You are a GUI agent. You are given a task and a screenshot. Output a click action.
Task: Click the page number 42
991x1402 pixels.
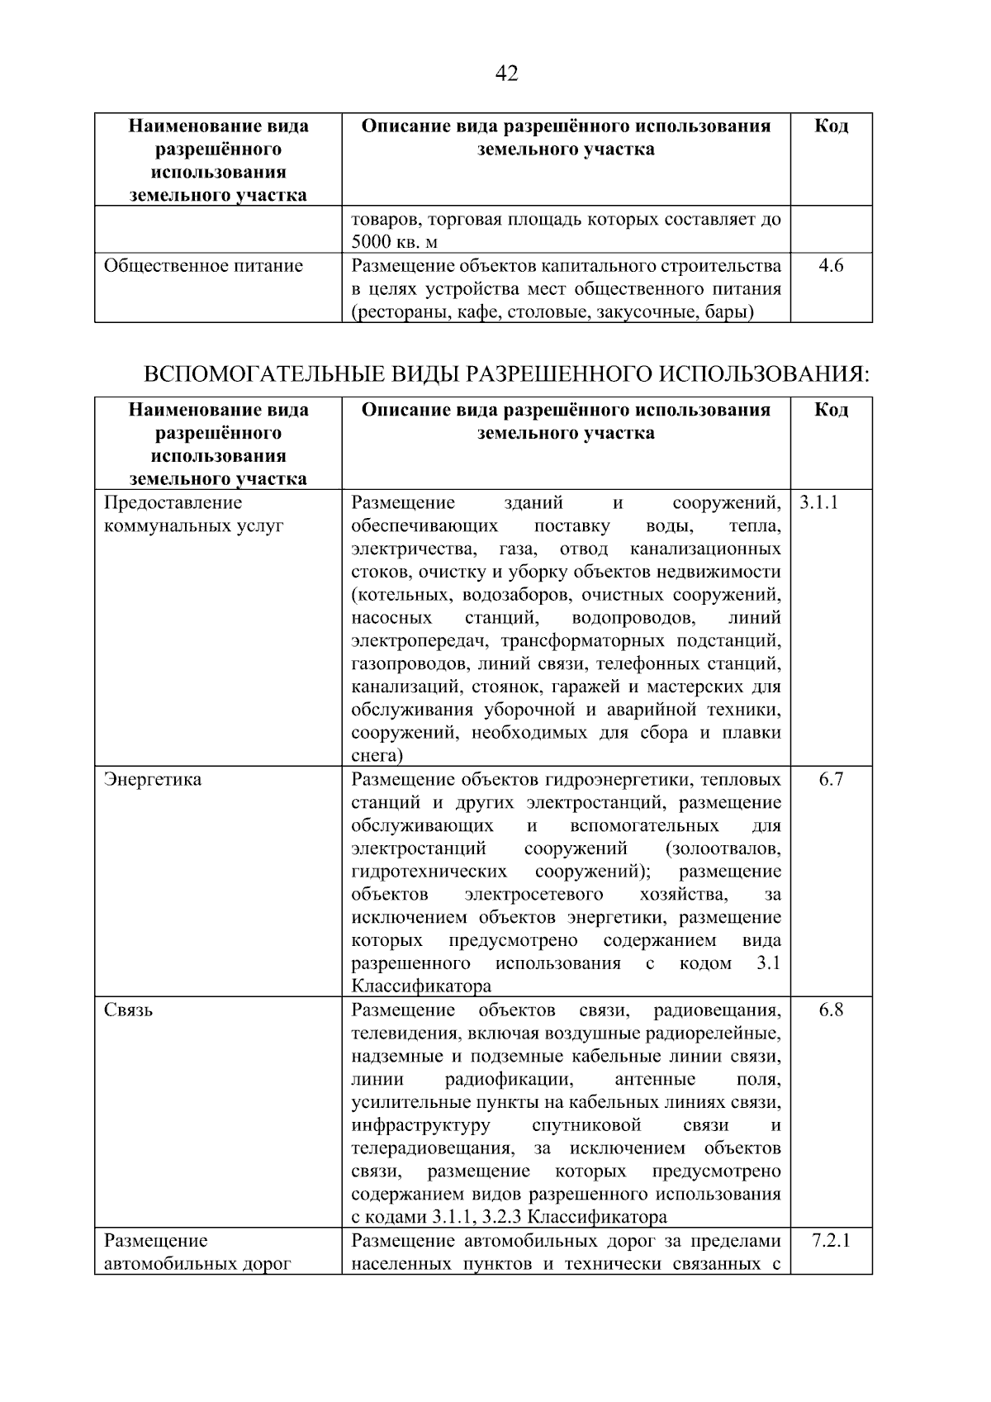tap(506, 74)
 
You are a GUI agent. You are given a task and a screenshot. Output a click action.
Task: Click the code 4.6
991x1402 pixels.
tap(831, 266)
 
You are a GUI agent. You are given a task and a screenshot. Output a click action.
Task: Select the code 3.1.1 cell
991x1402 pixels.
tap(818, 502)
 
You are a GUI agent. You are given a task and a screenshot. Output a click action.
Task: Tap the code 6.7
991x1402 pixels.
tap(831, 780)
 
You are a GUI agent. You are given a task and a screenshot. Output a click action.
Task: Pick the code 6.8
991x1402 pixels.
tap(831, 1010)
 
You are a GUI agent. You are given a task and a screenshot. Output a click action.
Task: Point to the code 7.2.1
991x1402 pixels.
tap(831, 1241)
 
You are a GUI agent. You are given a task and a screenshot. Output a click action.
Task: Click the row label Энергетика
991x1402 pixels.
tap(153, 780)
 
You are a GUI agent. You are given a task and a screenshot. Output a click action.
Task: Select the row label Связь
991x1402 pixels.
tap(128, 1010)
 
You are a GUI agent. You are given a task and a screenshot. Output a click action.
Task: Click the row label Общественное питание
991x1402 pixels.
tap(203, 266)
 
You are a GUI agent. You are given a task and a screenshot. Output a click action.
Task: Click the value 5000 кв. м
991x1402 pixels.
tap(394, 243)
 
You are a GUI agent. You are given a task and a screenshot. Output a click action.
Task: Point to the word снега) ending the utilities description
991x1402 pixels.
tap(377, 756)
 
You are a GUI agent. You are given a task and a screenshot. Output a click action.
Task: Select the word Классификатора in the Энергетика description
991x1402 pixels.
tap(421, 986)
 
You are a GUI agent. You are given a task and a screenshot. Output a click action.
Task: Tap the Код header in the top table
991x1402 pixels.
tap(831, 126)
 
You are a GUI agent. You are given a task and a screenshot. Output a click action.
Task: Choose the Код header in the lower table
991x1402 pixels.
tap(831, 411)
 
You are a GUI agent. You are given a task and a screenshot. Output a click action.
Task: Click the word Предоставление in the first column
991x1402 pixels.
tap(173, 502)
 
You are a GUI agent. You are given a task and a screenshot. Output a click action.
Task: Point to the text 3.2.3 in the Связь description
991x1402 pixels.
tap(498, 1218)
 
